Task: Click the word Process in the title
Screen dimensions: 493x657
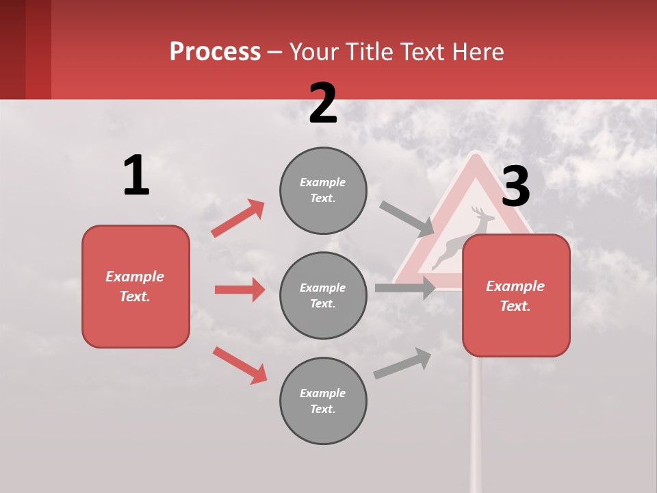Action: pyautogui.click(x=215, y=52)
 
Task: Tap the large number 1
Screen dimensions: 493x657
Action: pyautogui.click(x=136, y=175)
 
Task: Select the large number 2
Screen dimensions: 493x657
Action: pyautogui.click(x=323, y=103)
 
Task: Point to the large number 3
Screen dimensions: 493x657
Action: pyautogui.click(x=515, y=186)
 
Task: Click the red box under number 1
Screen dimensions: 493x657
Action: pyautogui.click(x=136, y=286)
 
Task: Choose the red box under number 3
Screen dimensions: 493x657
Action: pyautogui.click(x=516, y=296)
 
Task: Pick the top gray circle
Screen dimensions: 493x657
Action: pyautogui.click(x=323, y=190)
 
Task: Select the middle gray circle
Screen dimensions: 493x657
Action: pyautogui.click(x=323, y=296)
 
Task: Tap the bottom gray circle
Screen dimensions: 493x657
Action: pyautogui.click(x=323, y=401)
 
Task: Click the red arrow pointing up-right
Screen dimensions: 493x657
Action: pyautogui.click(x=237, y=218)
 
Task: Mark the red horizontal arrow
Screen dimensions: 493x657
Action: pyautogui.click(x=240, y=290)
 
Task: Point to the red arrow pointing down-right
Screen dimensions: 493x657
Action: pyautogui.click(x=240, y=365)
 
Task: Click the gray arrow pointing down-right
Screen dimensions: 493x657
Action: pyautogui.click(x=407, y=218)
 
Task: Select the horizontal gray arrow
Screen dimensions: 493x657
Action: pyautogui.click(x=405, y=288)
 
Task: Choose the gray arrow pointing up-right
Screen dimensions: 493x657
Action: pyautogui.click(x=402, y=364)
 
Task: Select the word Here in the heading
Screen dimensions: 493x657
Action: pyautogui.click(x=478, y=52)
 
